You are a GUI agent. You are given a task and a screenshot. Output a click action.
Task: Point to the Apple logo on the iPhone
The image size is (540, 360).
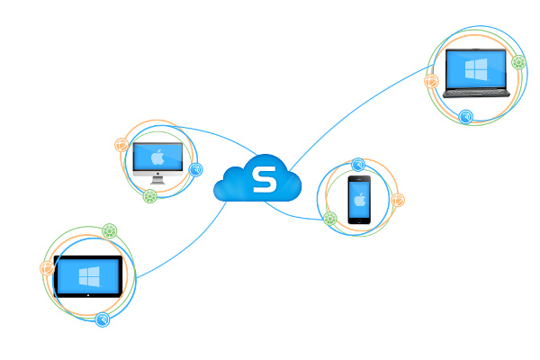tap(359, 198)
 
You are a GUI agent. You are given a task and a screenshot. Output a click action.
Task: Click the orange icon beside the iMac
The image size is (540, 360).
tap(121, 144)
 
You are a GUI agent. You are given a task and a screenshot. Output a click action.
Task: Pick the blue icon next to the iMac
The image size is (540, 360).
tap(195, 168)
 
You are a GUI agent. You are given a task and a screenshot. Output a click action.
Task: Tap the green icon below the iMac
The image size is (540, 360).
tap(150, 195)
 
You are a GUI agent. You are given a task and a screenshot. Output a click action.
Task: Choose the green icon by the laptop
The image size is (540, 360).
tap(518, 62)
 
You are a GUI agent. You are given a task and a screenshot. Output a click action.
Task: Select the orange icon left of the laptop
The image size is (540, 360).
tap(431, 81)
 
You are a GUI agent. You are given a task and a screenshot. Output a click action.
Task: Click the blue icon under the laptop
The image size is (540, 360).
tap(465, 116)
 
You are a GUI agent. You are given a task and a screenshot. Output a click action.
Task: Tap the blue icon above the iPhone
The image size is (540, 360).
tap(358, 165)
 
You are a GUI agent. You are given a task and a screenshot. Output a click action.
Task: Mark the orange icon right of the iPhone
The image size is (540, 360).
tap(398, 200)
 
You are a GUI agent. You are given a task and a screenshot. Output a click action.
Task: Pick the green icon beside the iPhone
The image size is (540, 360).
tap(330, 218)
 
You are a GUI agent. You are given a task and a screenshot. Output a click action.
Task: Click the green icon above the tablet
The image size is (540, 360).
tap(109, 230)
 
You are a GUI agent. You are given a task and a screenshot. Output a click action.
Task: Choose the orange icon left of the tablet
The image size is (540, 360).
tap(47, 267)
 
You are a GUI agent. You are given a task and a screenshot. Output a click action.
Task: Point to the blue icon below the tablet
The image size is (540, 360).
tap(103, 319)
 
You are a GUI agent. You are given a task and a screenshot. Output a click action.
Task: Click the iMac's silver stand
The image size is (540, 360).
tap(157, 179)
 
